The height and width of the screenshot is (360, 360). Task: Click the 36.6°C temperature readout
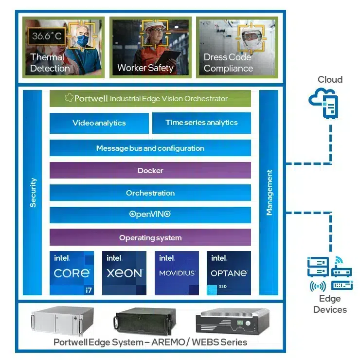click(x=47, y=36)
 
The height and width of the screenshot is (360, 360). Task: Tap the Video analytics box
click(x=99, y=123)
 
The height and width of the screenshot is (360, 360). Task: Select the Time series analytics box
click(x=201, y=123)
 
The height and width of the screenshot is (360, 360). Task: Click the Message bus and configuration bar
click(x=150, y=148)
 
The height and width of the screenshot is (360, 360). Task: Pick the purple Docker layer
click(x=150, y=170)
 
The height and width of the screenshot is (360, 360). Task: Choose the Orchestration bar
click(x=150, y=193)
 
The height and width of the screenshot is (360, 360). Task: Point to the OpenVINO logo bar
click(x=150, y=215)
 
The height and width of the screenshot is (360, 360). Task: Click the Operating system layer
click(x=150, y=237)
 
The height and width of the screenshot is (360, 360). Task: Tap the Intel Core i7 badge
click(x=72, y=273)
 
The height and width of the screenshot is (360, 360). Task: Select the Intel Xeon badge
click(x=124, y=273)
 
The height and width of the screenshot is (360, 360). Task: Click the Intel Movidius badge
click(x=177, y=273)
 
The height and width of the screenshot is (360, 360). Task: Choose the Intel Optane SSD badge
click(x=229, y=273)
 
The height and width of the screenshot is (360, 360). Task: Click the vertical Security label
click(x=33, y=193)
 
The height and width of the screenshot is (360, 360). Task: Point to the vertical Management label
click(x=269, y=193)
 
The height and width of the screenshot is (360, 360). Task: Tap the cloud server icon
click(x=324, y=103)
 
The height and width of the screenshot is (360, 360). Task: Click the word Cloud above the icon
click(x=330, y=80)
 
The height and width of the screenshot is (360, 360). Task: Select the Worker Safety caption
click(x=145, y=68)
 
